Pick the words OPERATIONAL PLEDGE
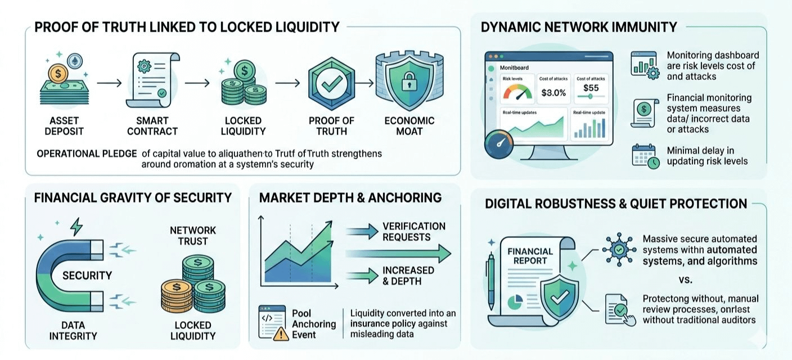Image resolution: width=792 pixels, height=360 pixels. point(87,153)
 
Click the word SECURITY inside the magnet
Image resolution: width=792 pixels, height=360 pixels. point(87,275)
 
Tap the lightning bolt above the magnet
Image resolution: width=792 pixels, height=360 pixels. point(76,227)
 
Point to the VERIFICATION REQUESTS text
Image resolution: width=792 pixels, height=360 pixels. point(414,231)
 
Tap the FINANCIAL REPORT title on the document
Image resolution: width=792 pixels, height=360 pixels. point(530,256)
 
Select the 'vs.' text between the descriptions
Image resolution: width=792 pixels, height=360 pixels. point(688,279)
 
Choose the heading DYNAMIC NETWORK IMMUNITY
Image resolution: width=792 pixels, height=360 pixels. point(579,27)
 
